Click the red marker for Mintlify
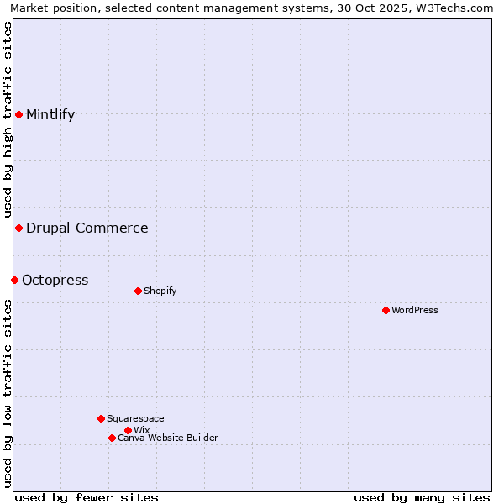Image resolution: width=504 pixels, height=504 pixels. (x=18, y=114)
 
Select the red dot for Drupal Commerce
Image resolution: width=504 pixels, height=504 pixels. (x=18, y=228)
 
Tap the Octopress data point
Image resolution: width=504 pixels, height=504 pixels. (x=14, y=280)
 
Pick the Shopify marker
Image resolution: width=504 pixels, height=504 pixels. (x=138, y=291)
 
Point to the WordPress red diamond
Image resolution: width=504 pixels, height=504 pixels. (x=386, y=310)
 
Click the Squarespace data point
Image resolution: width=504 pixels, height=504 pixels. (x=101, y=418)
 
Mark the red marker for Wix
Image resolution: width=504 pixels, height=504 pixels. (x=128, y=430)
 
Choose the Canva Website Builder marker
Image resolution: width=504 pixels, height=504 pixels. (x=112, y=438)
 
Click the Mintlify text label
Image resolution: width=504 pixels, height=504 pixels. (x=50, y=115)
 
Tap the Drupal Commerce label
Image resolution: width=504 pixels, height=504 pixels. (x=87, y=228)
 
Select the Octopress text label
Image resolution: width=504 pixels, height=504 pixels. (x=55, y=281)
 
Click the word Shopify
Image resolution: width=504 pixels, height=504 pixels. (x=160, y=291)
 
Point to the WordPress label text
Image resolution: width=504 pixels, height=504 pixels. (x=415, y=311)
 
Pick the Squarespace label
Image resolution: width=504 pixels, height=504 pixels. (x=135, y=419)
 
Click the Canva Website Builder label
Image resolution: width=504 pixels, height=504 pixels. (x=168, y=438)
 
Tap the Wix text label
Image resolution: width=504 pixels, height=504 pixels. (x=142, y=431)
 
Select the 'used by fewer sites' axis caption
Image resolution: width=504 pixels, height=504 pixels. (x=87, y=497)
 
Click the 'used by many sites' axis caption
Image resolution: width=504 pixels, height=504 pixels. (x=422, y=497)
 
